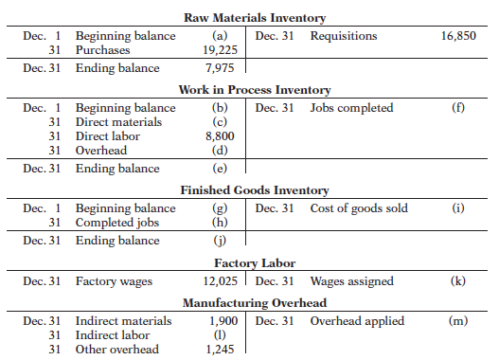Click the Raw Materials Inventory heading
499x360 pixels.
[255, 18]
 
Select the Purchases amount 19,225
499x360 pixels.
[221, 50]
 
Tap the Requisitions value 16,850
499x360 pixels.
[458, 36]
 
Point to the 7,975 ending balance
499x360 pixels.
[220, 68]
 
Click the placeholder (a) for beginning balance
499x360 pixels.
[220, 36]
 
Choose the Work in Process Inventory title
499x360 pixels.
[255, 90]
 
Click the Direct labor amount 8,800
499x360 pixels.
[220, 136]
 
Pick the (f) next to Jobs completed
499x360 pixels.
[458, 108]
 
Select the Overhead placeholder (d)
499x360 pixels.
[220, 151]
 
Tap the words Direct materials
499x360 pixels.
[118, 122]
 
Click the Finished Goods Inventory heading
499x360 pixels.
[255, 190]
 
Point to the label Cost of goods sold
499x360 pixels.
[359, 208]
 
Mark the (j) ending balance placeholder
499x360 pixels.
[220, 241]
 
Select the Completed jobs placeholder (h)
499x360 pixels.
[220, 223]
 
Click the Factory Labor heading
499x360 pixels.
[255, 263]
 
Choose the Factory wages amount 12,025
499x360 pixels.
[221, 281]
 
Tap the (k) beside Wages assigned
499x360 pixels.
[458, 281]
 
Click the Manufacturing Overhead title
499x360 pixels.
[255, 303]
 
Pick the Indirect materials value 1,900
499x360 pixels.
[223, 321]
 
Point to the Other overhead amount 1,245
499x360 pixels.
[220, 350]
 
